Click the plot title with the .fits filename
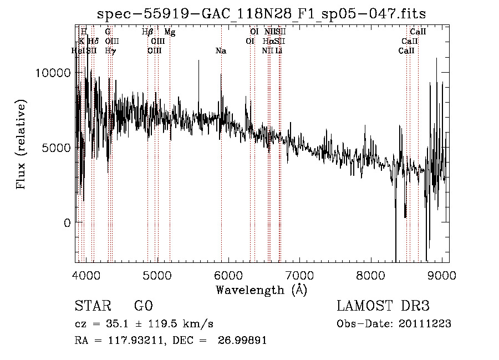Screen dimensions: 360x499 click(x=261, y=13)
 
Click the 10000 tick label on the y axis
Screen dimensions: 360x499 click(x=53, y=73)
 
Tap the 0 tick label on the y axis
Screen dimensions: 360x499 click(x=67, y=223)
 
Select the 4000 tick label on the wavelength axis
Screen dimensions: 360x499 click(x=86, y=275)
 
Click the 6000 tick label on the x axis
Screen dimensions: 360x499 click(x=228, y=275)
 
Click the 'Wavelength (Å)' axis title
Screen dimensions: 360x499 click(x=261, y=290)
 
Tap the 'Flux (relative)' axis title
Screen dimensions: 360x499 click(x=22, y=145)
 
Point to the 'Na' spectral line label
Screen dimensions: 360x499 click(x=221, y=51)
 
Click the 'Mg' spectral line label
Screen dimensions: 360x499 click(x=170, y=33)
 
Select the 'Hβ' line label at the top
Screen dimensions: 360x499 click(x=147, y=33)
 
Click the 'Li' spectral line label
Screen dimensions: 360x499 click(x=279, y=51)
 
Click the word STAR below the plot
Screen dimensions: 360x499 click(x=93, y=306)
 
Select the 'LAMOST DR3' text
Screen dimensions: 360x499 click(x=383, y=306)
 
